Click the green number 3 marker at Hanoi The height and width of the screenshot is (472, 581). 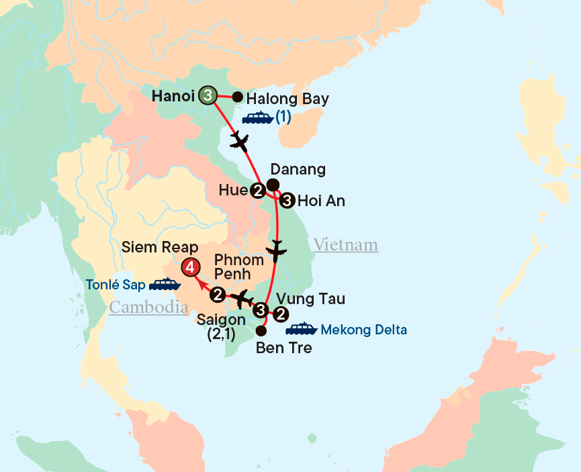[208, 96]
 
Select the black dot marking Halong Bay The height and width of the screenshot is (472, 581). [237, 96]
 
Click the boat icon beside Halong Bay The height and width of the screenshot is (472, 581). [257, 118]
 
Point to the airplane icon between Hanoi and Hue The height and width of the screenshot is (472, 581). [239, 142]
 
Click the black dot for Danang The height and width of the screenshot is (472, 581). [273, 185]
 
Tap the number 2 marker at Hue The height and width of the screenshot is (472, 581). [257, 191]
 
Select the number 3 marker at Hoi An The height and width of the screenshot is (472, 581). [287, 199]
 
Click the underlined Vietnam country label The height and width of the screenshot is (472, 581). [345, 245]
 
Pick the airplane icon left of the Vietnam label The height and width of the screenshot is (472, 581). [275, 252]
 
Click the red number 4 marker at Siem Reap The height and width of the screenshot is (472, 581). [191, 267]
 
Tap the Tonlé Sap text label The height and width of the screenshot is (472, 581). [115, 285]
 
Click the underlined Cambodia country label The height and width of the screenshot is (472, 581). [149, 308]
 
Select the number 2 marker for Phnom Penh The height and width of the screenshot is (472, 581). [218, 294]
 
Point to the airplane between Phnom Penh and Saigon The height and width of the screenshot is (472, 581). [240, 297]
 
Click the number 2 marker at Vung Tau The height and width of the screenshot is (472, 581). [281, 313]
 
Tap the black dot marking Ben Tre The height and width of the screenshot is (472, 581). [261, 330]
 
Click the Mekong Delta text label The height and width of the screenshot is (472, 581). [364, 330]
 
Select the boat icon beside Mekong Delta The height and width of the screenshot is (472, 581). [301, 329]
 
